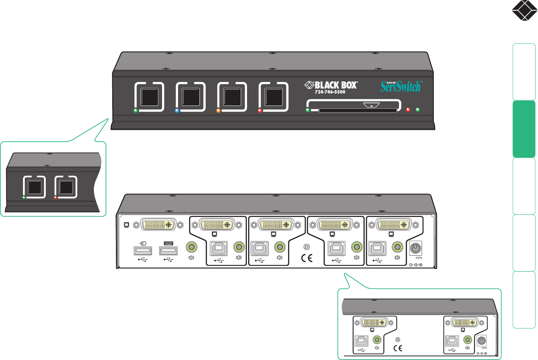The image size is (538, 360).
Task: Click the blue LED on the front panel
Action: point(177,111)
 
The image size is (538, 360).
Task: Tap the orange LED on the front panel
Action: point(218,111)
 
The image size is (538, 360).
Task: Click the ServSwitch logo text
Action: point(401,86)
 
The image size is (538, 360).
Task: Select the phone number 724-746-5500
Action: point(330,92)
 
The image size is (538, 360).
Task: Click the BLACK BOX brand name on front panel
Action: point(335,85)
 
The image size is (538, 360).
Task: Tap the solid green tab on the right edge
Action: point(524,129)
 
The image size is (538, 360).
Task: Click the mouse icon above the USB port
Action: point(143,243)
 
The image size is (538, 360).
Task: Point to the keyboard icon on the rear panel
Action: point(168,243)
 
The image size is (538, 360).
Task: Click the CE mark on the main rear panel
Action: point(307,258)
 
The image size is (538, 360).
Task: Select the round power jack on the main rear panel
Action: point(416,249)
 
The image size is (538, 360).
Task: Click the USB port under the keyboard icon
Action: point(168,251)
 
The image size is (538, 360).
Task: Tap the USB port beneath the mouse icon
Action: point(143,251)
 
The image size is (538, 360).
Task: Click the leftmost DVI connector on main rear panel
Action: point(158,224)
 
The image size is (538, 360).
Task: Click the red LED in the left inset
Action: point(56,197)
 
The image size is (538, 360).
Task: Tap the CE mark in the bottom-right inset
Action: point(398,348)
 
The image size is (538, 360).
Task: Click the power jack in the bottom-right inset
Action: point(482,340)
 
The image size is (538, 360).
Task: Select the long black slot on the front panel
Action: point(358,111)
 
